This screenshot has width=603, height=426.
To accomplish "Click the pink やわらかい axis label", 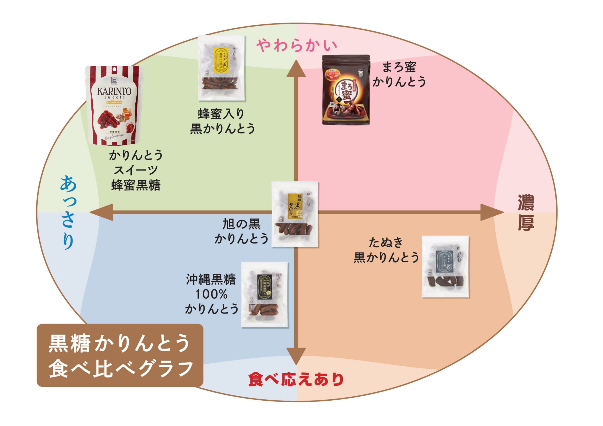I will coord(297,45).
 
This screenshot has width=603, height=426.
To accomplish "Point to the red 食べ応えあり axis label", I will coord(296,379).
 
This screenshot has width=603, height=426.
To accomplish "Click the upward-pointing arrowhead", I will coord(296,69).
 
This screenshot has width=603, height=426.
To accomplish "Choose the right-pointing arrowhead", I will coord(491,212).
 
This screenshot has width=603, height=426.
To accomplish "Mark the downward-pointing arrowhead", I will coord(296,356).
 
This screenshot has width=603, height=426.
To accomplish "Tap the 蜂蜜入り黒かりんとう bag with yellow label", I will coord(221,68).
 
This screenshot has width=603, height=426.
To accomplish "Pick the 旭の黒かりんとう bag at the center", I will coord(295,214).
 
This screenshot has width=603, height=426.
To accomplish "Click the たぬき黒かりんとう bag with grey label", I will coord(445,266).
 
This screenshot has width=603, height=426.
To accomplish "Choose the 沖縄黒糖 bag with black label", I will coord(265,294).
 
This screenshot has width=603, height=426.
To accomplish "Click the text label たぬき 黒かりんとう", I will coord(386,250).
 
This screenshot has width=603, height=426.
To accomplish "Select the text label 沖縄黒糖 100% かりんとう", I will coord(212,294).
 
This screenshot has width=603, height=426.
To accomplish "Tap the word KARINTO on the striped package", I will coord(114,91).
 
